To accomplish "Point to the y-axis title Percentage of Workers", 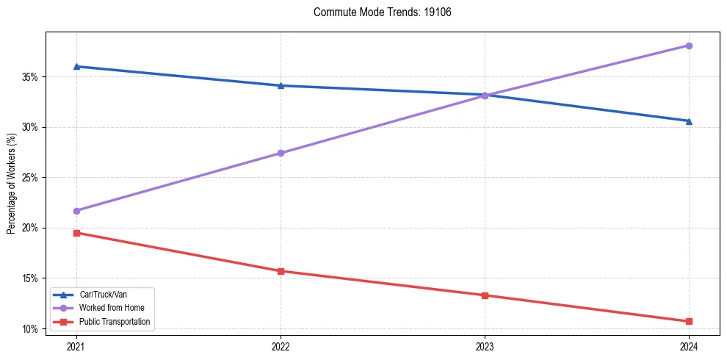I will pyautogui.click(x=11, y=184).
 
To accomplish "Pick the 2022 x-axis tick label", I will pyautogui.click(x=281, y=345).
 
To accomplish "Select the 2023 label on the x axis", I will pyautogui.click(x=485, y=345).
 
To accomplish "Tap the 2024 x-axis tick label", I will pyautogui.click(x=689, y=345).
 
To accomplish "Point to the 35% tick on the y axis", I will pyautogui.click(x=31, y=76).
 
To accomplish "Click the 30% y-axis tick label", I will pyautogui.click(x=31, y=127).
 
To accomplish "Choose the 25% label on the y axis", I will pyautogui.click(x=31, y=178).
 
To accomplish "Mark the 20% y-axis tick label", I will pyautogui.click(x=31, y=228).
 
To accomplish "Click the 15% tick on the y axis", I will pyautogui.click(x=31, y=278).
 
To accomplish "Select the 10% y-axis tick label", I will pyautogui.click(x=31, y=328).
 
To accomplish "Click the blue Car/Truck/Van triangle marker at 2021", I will pyautogui.click(x=76, y=66).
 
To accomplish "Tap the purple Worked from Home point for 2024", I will pyautogui.click(x=689, y=46).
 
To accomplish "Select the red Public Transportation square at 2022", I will pyautogui.click(x=281, y=271).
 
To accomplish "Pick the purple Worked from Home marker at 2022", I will pyautogui.click(x=281, y=153).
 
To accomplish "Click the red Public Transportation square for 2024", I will pyautogui.click(x=689, y=321).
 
